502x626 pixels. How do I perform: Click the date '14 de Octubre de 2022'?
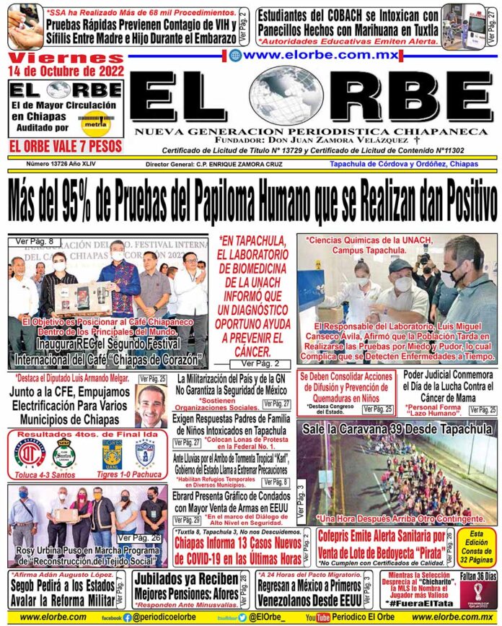[65, 70]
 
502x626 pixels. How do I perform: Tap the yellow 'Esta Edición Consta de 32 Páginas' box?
[479, 548]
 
